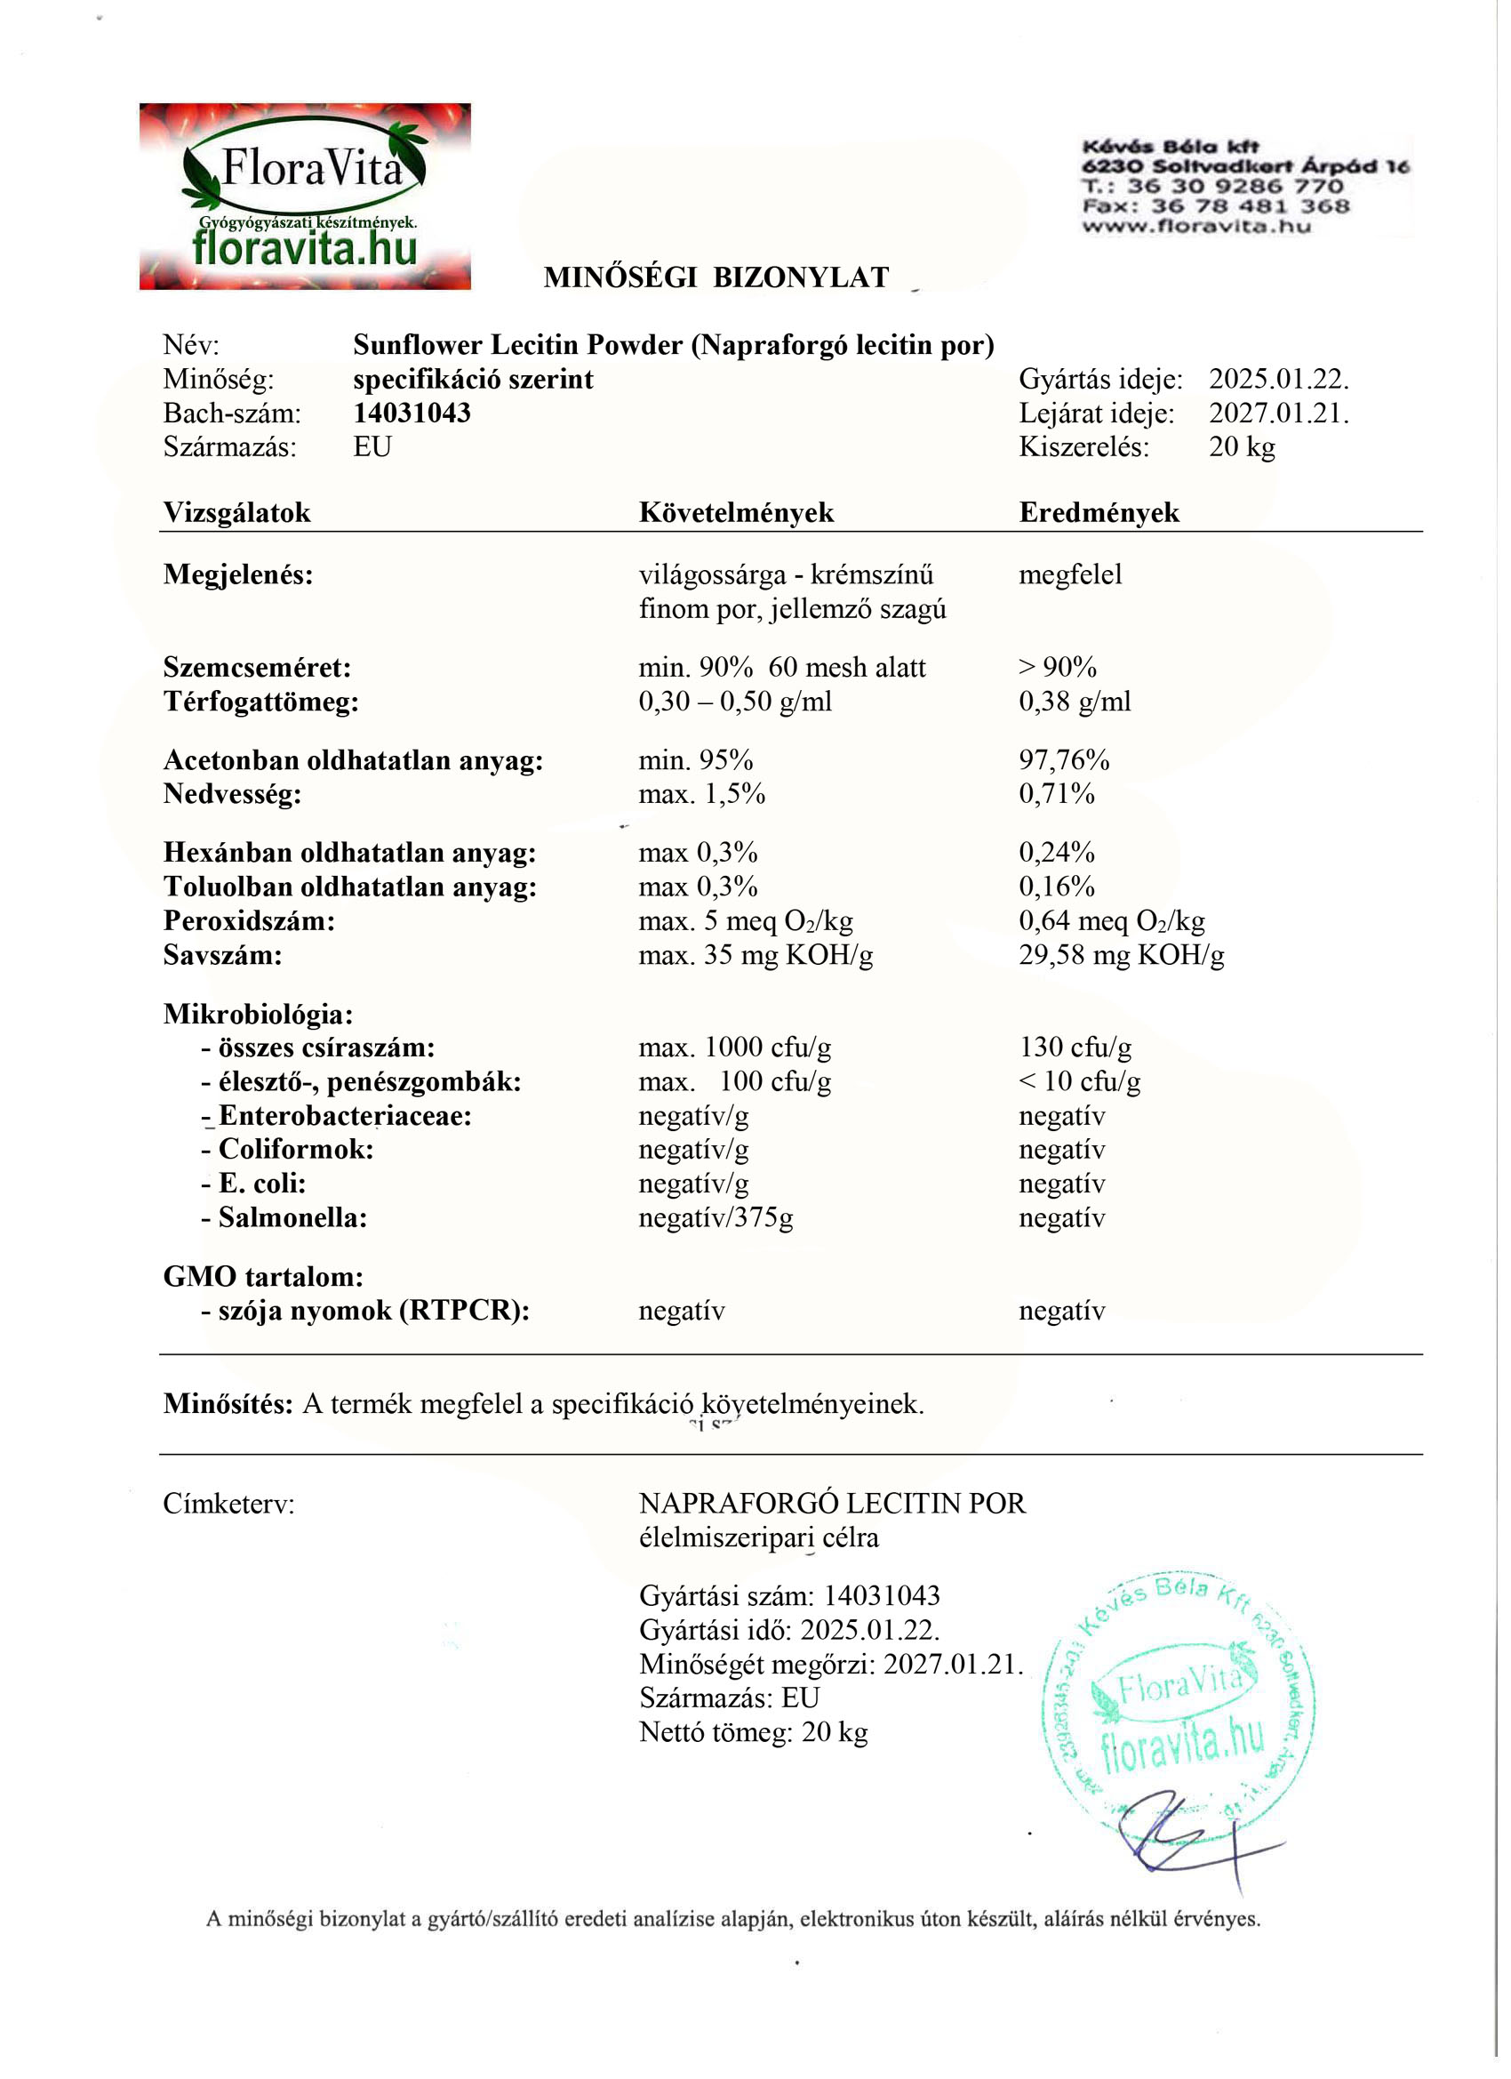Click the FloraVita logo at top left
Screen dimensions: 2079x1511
pyautogui.click(x=305, y=197)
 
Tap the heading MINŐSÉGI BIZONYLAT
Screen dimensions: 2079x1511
pyautogui.click(x=716, y=277)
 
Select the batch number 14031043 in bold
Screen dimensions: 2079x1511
pyautogui.click(x=412, y=413)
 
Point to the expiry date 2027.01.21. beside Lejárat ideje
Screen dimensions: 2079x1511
pyautogui.click(x=1278, y=413)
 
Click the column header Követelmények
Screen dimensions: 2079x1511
pyautogui.click(x=736, y=512)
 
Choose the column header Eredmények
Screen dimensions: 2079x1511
pyautogui.click(x=1099, y=512)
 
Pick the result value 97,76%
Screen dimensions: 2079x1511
pyautogui.click(x=1064, y=760)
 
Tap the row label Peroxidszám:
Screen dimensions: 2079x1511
pyautogui.click(x=249, y=921)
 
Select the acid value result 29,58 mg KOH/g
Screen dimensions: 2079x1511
pyautogui.click(x=1122, y=955)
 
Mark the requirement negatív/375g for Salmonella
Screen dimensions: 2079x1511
pyautogui.click(x=716, y=1218)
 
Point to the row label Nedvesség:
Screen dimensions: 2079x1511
pyautogui.click(x=233, y=794)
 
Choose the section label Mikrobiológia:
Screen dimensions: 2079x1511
pyautogui.click(x=259, y=1014)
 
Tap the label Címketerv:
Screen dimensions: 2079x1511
pyautogui.click(x=229, y=1504)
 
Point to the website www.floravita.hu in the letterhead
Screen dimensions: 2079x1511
pyautogui.click(x=1196, y=227)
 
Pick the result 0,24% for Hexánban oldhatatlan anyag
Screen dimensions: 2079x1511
pyautogui.click(x=1057, y=853)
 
